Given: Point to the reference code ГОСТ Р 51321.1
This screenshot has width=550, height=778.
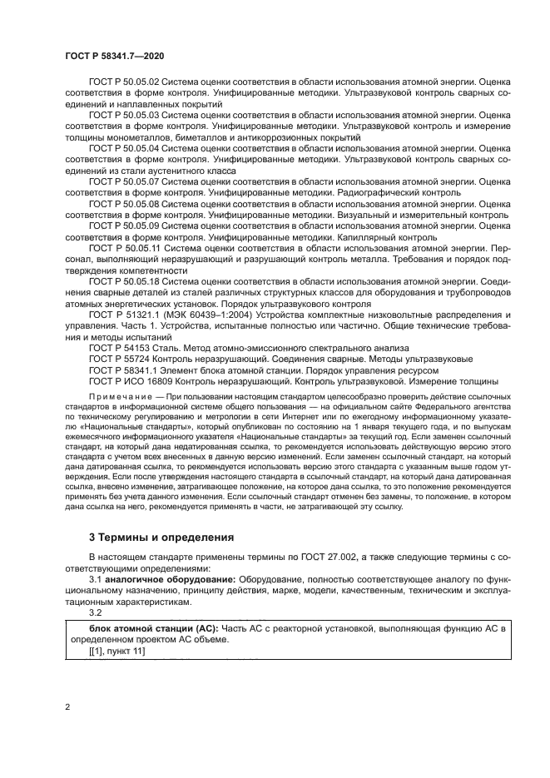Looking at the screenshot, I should pyautogui.click(x=122, y=316).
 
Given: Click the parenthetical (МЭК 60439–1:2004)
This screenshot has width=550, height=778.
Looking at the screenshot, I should pyautogui.click(x=202, y=316).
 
